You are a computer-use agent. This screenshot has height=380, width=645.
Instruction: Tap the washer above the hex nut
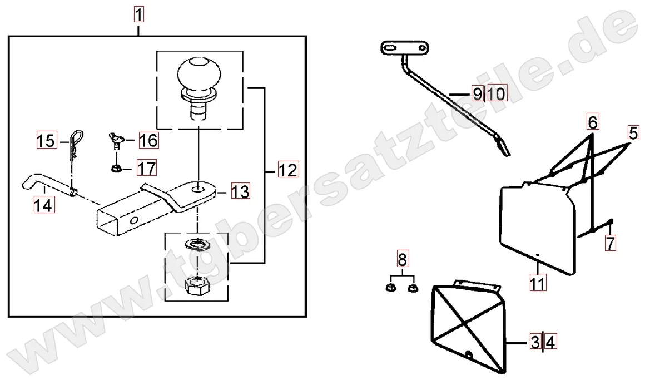click(x=199, y=245)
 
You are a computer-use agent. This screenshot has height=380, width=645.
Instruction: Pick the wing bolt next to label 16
click(x=116, y=140)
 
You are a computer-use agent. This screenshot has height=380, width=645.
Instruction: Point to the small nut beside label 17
click(x=116, y=169)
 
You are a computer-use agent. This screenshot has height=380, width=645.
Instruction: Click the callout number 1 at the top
click(x=138, y=15)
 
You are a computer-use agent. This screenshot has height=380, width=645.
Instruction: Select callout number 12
click(x=288, y=169)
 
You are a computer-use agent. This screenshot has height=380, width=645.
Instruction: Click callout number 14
click(x=43, y=205)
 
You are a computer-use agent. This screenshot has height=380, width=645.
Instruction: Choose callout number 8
click(x=403, y=259)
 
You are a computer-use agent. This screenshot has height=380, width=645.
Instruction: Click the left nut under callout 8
click(x=390, y=288)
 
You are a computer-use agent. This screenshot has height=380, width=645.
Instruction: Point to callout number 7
click(x=611, y=243)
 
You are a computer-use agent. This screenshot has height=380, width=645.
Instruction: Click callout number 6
click(x=593, y=122)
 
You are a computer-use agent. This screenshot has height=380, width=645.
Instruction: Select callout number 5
click(x=633, y=133)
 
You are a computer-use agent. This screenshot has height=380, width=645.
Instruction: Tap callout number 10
click(x=497, y=94)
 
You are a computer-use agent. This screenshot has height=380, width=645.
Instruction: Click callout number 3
click(x=535, y=342)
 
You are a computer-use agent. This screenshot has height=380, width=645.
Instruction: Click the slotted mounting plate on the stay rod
click(x=405, y=48)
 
